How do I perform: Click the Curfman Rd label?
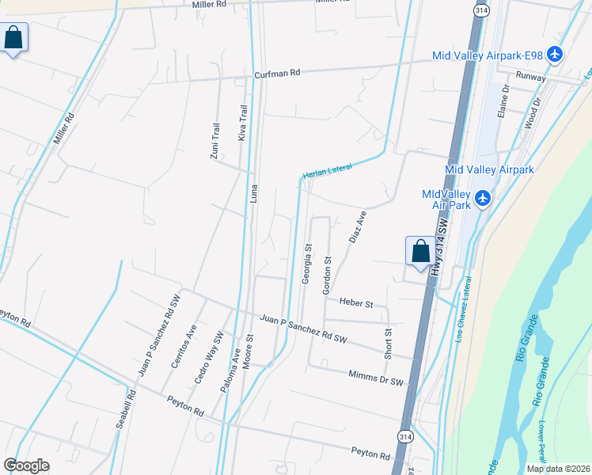click(x=277, y=74)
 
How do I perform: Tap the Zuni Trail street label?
click(x=214, y=142)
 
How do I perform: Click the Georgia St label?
click(x=305, y=264)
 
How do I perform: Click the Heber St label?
click(x=355, y=302)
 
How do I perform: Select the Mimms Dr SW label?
click(x=375, y=378)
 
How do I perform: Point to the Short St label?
click(x=388, y=344)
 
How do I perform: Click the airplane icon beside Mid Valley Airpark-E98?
click(x=555, y=55)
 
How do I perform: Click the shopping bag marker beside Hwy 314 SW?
click(x=419, y=251)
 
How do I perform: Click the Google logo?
click(x=27, y=465)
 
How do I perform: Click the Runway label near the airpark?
click(x=531, y=77)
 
